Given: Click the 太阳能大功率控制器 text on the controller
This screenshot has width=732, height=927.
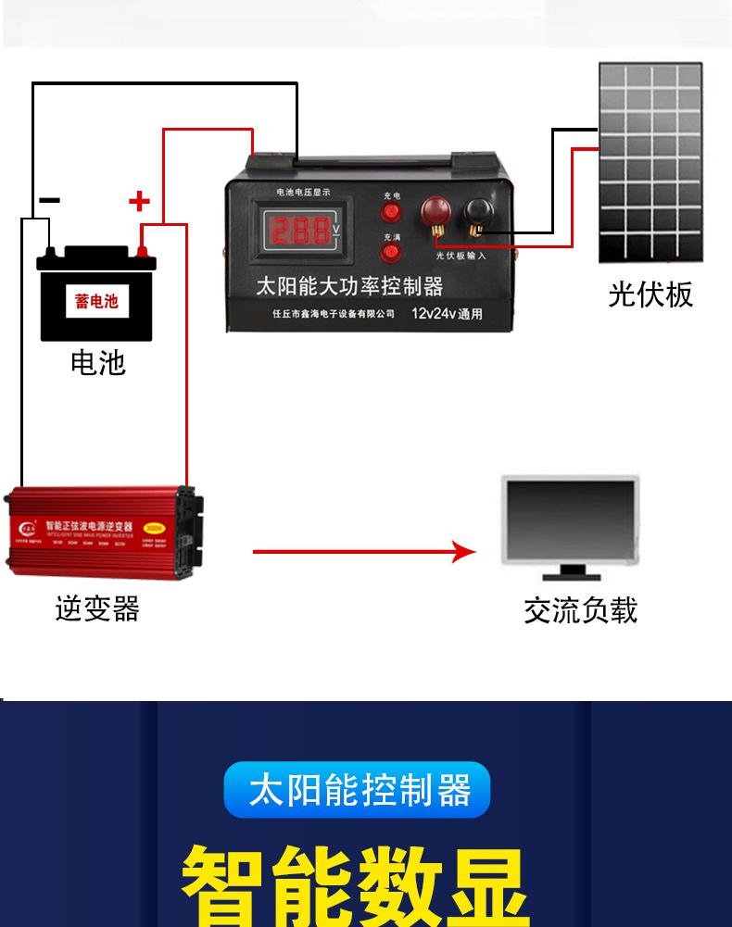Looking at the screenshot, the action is click(x=349, y=285).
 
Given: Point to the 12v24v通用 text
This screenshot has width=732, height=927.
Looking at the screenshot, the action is click(x=448, y=313).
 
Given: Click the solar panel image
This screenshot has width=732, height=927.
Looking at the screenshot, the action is click(x=650, y=163).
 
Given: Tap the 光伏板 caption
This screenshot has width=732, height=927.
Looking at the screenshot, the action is click(x=650, y=294).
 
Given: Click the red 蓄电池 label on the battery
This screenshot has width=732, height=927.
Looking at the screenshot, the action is click(x=96, y=301).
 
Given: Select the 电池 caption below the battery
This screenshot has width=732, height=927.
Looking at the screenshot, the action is click(x=97, y=362).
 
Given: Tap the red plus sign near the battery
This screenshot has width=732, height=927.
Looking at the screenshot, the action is click(x=138, y=201).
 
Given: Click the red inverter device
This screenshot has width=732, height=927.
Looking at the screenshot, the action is click(x=104, y=531).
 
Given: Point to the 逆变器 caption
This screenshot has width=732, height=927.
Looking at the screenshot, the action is click(x=97, y=608).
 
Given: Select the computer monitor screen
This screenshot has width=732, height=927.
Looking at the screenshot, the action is click(x=571, y=518).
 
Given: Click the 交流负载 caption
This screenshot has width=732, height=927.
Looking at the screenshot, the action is click(x=580, y=610).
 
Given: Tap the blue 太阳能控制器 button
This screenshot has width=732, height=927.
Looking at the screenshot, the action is click(x=358, y=791).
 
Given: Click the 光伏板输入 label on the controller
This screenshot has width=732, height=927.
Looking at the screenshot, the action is click(x=461, y=256).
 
